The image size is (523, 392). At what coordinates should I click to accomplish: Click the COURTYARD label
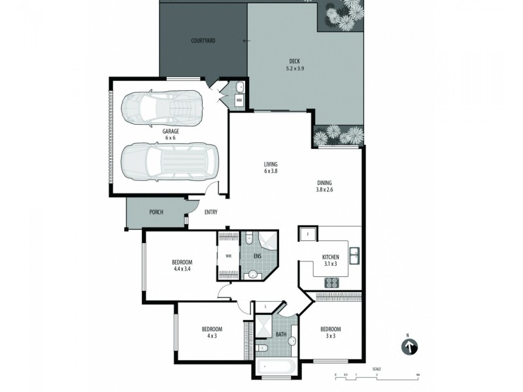[203, 41]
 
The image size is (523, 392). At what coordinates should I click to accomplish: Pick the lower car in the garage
[168, 161]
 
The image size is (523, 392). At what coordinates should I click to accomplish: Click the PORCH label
[156, 212]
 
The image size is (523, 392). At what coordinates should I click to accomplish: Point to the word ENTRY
[211, 212]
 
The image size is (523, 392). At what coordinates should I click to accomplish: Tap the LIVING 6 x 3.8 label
[271, 168]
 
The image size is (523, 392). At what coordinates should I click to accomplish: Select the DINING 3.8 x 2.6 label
[325, 187]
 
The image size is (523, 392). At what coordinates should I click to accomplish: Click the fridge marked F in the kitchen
[308, 234]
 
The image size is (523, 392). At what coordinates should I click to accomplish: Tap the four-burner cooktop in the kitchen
[331, 283]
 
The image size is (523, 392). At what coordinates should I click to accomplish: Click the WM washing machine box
[239, 100]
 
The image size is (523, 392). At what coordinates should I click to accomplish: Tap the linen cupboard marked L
[265, 306]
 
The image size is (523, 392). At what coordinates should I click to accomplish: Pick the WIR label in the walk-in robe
[228, 255]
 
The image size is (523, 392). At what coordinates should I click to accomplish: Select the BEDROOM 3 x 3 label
[331, 333]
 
